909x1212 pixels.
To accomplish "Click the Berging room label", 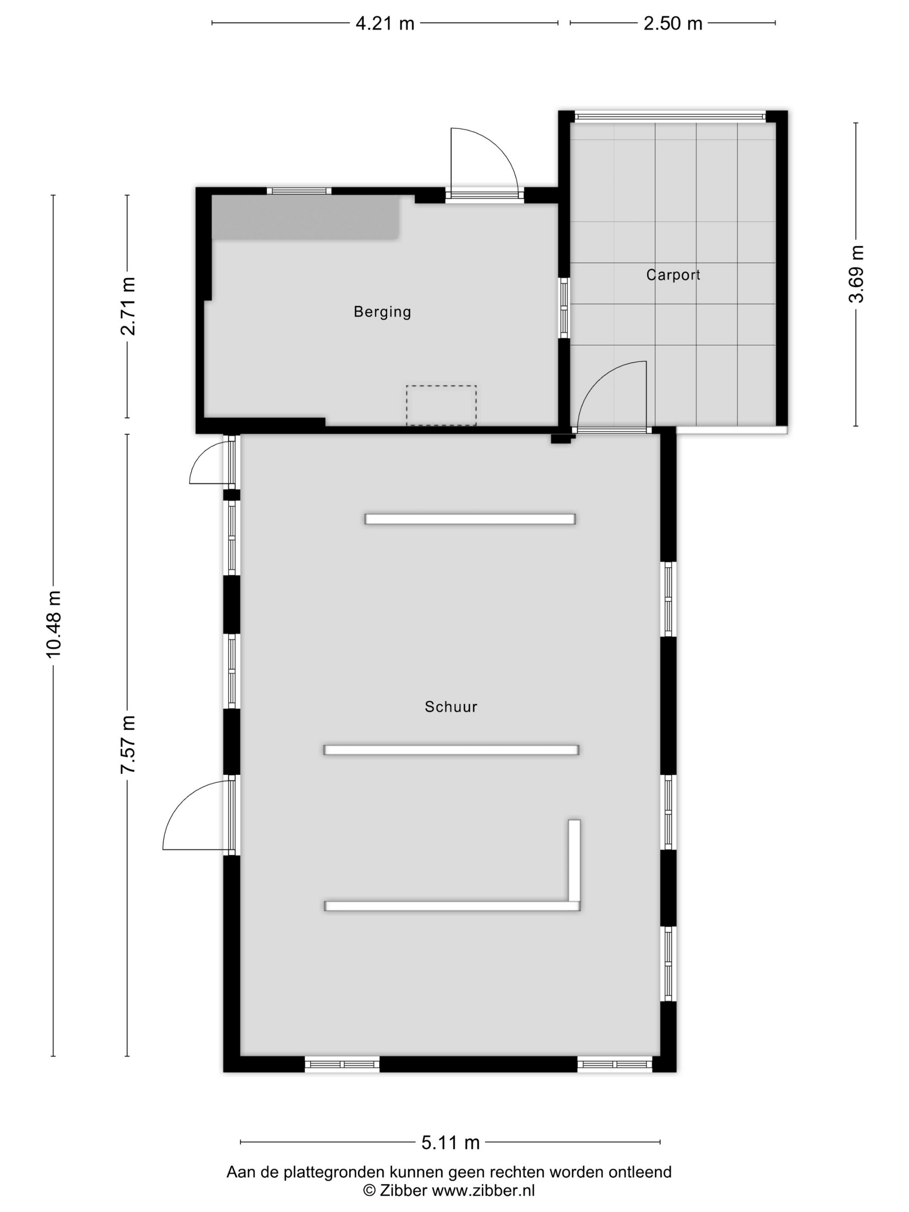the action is point(382,312).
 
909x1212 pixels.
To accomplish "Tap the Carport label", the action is point(673,274).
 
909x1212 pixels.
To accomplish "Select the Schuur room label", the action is point(451,707).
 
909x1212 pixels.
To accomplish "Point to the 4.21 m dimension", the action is point(385,23).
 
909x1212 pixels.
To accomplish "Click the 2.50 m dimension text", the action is point(673,23).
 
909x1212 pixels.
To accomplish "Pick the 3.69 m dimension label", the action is point(856,274).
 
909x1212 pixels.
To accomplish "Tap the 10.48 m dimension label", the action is point(54,624).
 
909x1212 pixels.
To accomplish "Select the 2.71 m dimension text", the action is point(128,306).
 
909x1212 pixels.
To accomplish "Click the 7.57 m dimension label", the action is point(128,744).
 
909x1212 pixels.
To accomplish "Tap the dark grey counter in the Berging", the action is point(305,218).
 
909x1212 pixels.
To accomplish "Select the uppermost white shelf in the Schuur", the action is point(470,519).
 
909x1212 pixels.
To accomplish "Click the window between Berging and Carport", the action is point(564,308).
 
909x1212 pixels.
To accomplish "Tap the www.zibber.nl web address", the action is point(483,1190).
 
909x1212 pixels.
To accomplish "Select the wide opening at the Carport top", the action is point(670,116).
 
